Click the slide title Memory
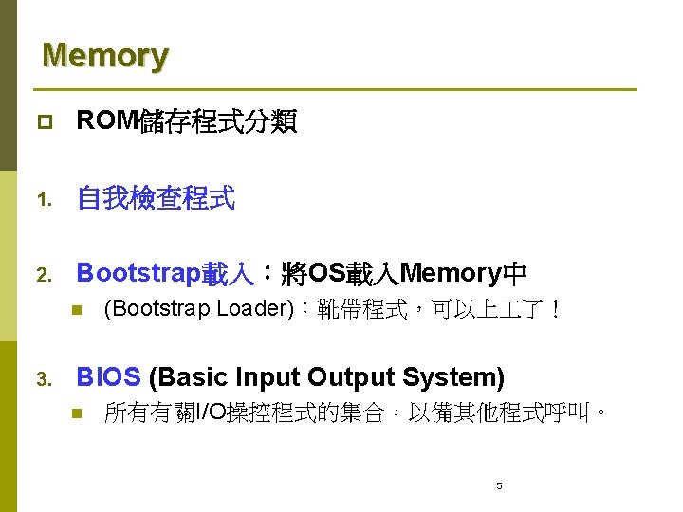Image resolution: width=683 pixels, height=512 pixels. point(104,55)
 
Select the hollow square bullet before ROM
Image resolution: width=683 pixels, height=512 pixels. point(45,122)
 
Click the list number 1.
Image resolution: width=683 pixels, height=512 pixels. point(43,200)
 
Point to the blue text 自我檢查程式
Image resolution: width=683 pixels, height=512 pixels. point(156,199)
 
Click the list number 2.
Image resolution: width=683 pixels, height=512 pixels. point(43,276)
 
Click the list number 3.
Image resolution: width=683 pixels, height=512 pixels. point(43,379)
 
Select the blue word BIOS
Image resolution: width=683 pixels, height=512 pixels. point(108,377)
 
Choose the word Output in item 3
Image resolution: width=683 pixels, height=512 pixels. point(348,377)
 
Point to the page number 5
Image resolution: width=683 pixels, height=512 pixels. point(499,486)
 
